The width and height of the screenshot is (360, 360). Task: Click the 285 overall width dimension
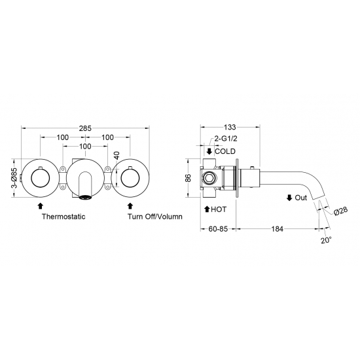(85, 128)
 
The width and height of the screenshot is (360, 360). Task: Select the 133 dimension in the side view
(230, 127)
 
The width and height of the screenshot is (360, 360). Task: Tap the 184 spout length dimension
(278, 229)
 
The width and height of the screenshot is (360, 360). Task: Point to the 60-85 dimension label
(218, 229)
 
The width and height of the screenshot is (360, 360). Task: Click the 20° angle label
(326, 240)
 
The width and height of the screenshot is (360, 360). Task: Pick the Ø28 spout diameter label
(341, 211)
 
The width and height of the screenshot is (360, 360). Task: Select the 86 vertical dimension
(188, 178)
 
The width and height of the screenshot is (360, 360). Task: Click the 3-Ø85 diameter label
(14, 178)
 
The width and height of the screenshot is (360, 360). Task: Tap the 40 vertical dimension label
(117, 155)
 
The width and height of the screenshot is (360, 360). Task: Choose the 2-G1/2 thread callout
(226, 139)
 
